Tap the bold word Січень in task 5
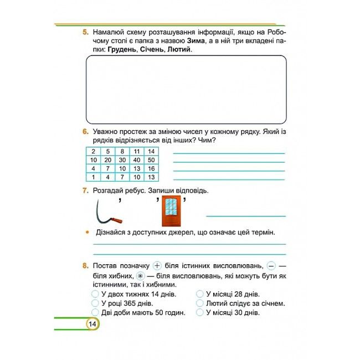pos(152,50)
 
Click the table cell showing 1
pos(94,177)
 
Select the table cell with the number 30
pos(122,160)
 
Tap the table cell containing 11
pos(136,152)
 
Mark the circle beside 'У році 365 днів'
pos(95,304)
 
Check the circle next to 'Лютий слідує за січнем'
pos(199,304)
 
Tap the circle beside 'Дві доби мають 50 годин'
pos(95,312)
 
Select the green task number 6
pos(85,132)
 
